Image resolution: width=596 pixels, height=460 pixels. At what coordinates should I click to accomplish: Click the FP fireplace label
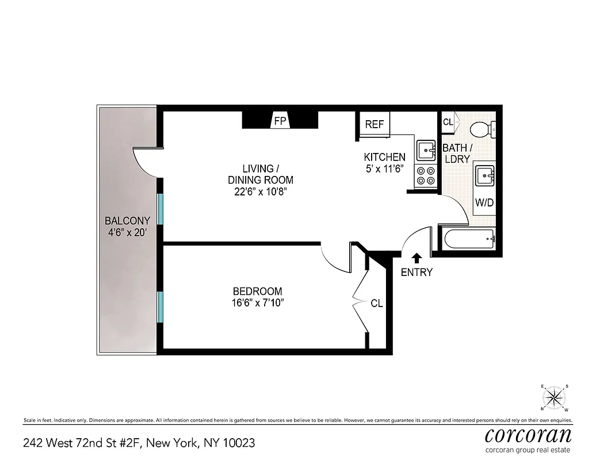280,121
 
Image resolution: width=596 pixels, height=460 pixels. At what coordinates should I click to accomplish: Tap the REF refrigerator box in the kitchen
375,125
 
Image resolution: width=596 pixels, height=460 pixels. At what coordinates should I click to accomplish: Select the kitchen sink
426,151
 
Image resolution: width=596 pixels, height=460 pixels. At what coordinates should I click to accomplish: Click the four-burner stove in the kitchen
426,175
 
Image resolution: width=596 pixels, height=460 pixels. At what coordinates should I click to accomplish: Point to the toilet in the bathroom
483,129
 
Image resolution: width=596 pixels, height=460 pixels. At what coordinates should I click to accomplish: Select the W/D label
484,203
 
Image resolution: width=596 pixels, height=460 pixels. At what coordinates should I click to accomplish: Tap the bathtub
468,238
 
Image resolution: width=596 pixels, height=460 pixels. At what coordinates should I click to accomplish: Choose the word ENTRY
417,273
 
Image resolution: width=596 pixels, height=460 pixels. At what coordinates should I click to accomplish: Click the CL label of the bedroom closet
377,303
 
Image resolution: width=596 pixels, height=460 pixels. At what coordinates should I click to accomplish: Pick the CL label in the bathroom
448,122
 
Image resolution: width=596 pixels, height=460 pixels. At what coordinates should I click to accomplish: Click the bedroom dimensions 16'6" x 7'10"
258,303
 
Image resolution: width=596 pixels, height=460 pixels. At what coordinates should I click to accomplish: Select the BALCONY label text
127,220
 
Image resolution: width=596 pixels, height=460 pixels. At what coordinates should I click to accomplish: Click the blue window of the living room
161,209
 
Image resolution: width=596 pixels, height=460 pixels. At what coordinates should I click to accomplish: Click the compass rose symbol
555,397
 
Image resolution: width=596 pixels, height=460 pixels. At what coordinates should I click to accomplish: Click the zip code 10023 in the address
239,443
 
